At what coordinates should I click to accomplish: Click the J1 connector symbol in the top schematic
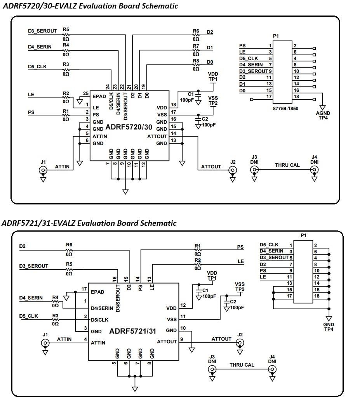(x=43, y=170)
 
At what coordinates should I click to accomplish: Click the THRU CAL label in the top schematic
(x=287, y=165)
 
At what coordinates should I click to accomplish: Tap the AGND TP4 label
(x=323, y=116)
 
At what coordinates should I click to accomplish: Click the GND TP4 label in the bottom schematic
(x=329, y=327)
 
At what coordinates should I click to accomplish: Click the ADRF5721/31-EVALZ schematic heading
(x=89, y=223)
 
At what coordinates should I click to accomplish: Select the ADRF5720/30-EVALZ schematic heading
(x=90, y=6)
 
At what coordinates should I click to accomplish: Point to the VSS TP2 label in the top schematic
(x=213, y=101)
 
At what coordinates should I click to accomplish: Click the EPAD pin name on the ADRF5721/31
(x=97, y=292)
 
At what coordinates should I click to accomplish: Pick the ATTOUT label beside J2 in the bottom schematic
(x=221, y=339)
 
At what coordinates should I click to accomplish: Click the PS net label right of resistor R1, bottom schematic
(x=240, y=247)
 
